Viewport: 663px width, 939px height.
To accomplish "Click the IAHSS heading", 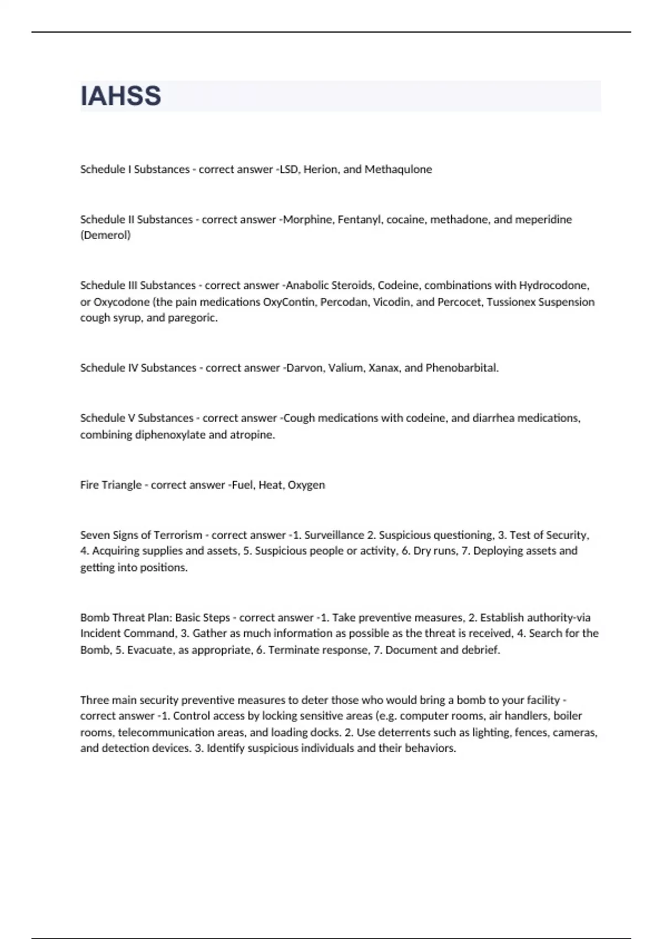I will point(120,96).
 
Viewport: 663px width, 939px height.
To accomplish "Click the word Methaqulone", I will point(398,170).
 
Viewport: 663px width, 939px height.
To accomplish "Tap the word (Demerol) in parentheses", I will point(106,235).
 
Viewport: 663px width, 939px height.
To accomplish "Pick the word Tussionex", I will point(511,302).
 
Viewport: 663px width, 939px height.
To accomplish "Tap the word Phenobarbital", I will point(462,368).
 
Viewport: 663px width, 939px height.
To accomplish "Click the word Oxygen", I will point(307,485).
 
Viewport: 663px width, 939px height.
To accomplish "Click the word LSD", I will point(289,170).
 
